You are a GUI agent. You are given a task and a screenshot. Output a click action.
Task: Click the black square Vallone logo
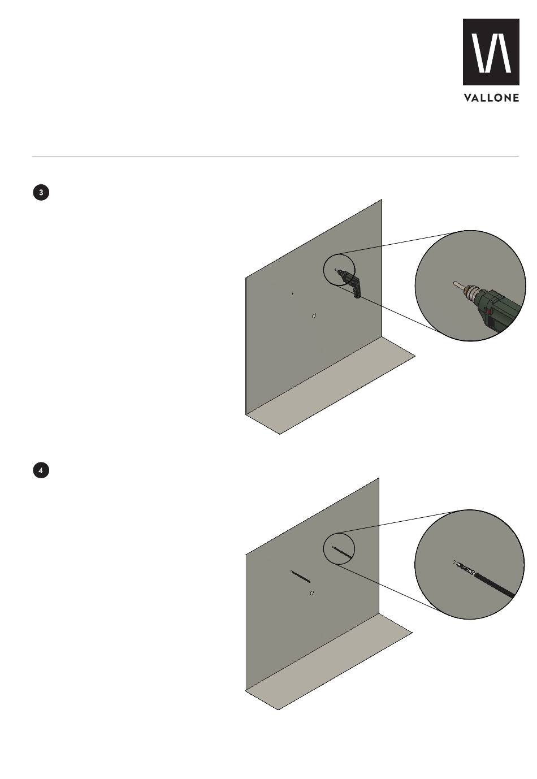coord(491,52)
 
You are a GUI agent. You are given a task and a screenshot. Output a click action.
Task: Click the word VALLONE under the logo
coord(491,98)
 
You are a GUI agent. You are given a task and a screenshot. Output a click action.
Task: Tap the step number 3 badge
coord(41,193)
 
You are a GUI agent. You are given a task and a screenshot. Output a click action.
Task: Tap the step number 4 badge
coord(41,471)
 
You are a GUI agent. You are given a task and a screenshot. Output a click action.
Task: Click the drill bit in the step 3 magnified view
coord(458,286)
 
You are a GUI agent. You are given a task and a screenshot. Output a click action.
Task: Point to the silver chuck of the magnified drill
coord(470,294)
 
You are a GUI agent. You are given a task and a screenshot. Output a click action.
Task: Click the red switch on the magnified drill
coord(489,311)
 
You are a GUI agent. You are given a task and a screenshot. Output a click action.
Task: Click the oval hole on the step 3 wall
coord(314,316)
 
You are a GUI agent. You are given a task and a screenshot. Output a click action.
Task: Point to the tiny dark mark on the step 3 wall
coord(292,294)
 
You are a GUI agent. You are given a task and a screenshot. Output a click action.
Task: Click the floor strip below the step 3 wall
coord(331,386)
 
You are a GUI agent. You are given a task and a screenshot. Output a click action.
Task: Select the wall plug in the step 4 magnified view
coord(465,569)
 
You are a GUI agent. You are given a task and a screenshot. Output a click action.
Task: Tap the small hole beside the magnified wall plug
coord(454,562)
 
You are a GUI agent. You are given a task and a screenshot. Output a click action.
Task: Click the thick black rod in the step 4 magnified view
coord(494,585)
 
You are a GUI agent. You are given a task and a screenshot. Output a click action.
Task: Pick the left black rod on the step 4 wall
coord(301,576)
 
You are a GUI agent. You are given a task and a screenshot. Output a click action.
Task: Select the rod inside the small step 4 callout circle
coord(341,552)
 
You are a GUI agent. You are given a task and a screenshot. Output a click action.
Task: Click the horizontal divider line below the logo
coord(275,157)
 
